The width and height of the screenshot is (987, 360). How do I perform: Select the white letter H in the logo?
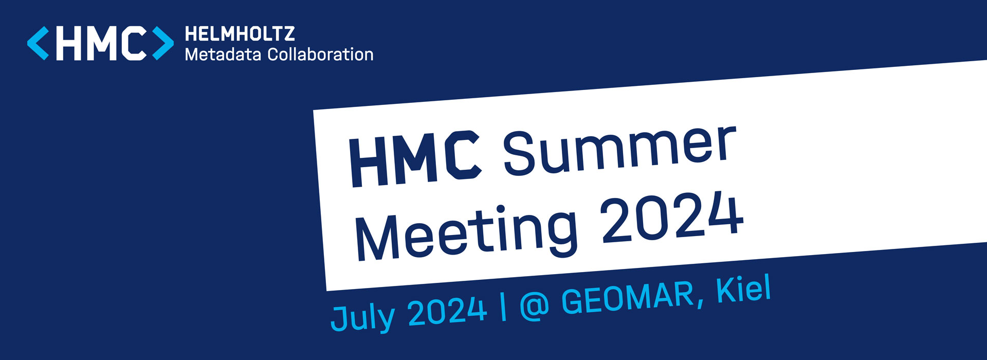coord(69,43)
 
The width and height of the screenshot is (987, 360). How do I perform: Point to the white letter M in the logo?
coord(104,43)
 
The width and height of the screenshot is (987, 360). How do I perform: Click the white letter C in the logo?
coord(135,43)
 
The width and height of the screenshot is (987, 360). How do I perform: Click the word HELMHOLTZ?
coord(240,34)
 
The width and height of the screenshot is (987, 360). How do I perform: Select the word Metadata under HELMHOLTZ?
coord(223,54)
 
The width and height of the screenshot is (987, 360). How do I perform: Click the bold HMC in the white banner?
coord(415,159)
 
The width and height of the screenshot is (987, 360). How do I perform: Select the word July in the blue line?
coord(363,315)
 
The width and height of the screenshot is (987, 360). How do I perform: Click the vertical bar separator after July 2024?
coord(503,307)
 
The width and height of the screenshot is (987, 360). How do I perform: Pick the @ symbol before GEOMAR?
coord(534,306)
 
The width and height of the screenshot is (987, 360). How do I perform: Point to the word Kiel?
coord(743,289)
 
